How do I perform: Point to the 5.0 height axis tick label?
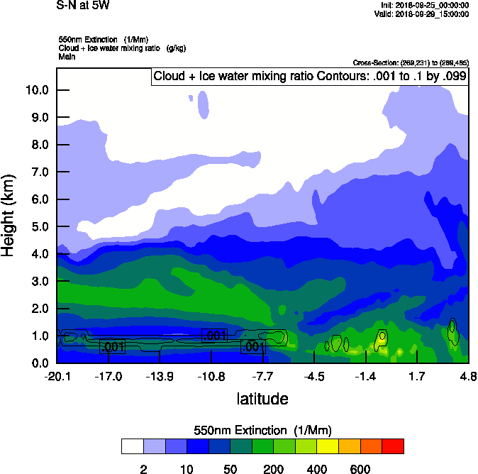click(38, 227)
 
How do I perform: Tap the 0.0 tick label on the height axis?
click(38, 363)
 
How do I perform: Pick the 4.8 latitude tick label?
click(468, 376)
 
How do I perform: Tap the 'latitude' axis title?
click(262, 399)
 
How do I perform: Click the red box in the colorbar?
click(393, 446)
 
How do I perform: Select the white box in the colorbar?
click(132, 446)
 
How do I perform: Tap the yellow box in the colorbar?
click(328, 446)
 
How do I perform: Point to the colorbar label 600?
click(360, 469)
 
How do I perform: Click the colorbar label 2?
click(143, 469)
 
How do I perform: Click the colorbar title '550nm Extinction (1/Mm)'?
click(262, 430)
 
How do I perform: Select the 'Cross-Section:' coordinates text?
click(410, 63)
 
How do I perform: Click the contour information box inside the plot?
click(310, 76)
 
